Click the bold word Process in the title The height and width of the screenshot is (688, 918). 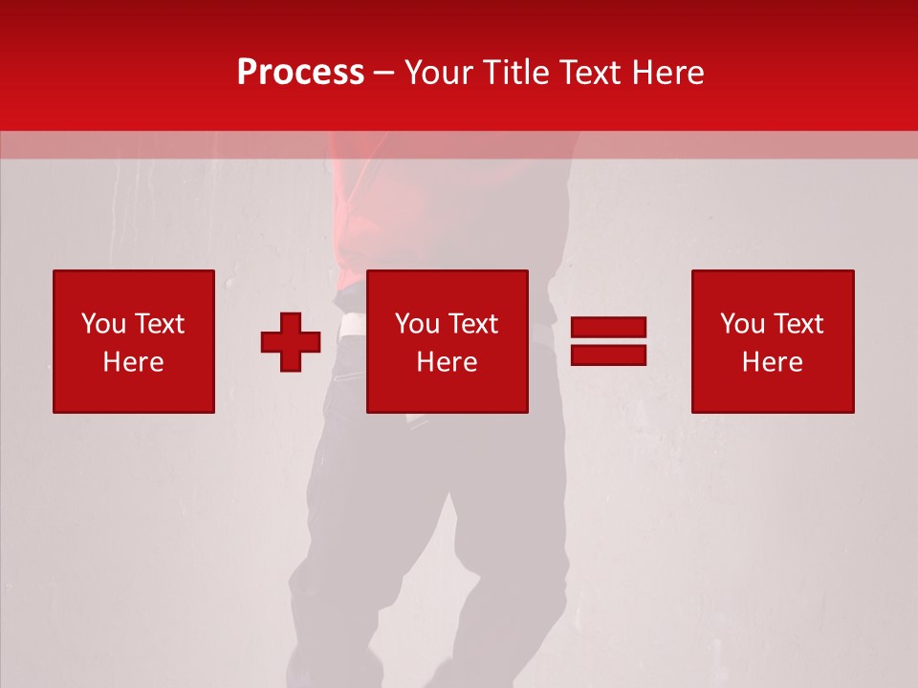pyautogui.click(x=300, y=73)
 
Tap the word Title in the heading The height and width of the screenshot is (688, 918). pyautogui.click(x=514, y=73)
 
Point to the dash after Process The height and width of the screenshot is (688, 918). pyautogui.click(x=383, y=74)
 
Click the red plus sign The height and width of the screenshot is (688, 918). pyautogui.click(x=291, y=342)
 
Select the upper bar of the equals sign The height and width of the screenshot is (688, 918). pyautogui.click(x=608, y=328)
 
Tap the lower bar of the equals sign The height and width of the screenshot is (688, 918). pyautogui.click(x=608, y=355)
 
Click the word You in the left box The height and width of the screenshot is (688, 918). pyautogui.click(x=103, y=324)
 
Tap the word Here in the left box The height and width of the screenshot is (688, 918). pyautogui.click(x=133, y=362)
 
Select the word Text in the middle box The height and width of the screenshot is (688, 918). pyautogui.click(x=472, y=324)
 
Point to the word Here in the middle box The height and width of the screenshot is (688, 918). pyautogui.click(x=447, y=362)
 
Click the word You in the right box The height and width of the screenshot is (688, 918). pyautogui.click(x=742, y=324)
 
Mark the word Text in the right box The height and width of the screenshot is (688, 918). pyautogui.click(x=798, y=324)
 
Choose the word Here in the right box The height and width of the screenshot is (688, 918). pyautogui.click(x=772, y=362)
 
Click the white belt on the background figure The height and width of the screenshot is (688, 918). pyautogui.click(x=352, y=325)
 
